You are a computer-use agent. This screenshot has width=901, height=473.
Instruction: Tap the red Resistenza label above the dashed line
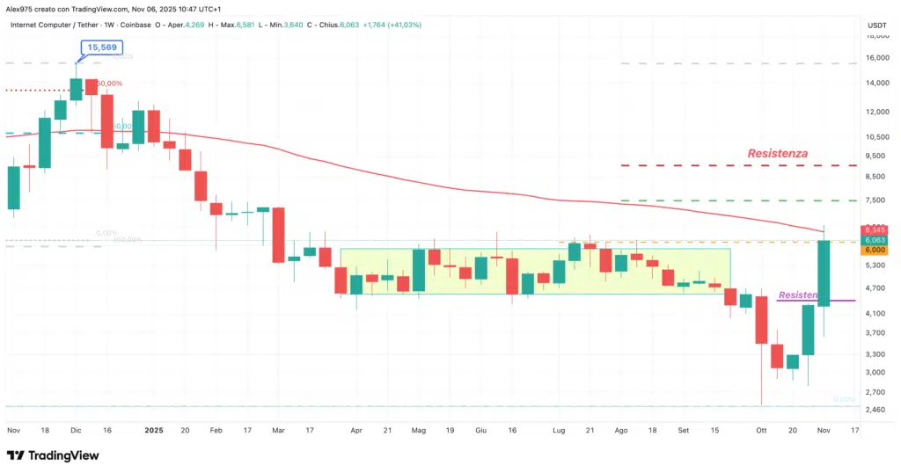tap(777, 153)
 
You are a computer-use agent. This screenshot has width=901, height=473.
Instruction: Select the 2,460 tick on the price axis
tap(876, 409)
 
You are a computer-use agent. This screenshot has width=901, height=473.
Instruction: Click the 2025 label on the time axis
tap(154, 431)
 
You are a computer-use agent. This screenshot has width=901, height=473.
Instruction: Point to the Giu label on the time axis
tap(480, 431)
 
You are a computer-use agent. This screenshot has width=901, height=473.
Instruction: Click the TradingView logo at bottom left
tap(53, 455)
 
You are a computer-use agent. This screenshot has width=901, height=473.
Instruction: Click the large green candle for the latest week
tap(824, 273)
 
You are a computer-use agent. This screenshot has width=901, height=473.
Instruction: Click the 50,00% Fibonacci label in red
tap(109, 84)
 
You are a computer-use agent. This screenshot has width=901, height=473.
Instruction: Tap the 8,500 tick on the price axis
tap(876, 177)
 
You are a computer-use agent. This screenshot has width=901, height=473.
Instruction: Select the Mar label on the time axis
tap(279, 431)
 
